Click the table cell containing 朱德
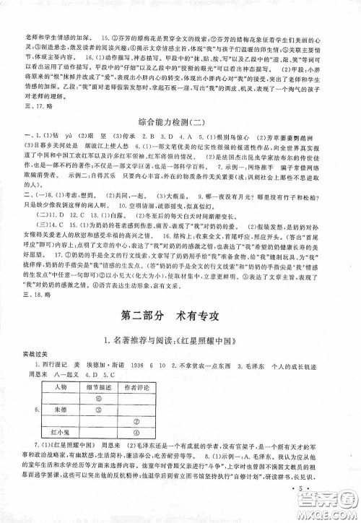tap(70, 409)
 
